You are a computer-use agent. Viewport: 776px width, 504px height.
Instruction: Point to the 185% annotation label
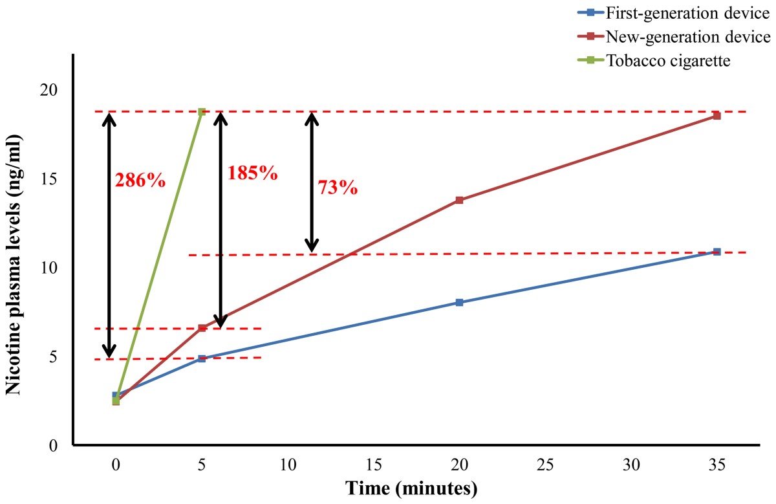pos(252,173)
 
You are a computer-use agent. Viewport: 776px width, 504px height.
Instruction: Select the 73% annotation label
pos(338,188)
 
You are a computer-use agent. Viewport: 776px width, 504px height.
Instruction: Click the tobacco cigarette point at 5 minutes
pos(202,112)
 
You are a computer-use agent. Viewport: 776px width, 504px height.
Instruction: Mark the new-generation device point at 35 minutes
pos(717,116)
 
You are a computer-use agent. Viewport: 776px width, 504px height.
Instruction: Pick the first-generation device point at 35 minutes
pos(717,252)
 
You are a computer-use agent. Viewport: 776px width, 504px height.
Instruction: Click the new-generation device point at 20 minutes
pos(459,200)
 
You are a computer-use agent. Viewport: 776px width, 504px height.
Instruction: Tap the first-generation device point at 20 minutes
pos(459,302)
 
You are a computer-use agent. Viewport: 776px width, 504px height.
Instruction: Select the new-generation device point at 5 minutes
pos(202,328)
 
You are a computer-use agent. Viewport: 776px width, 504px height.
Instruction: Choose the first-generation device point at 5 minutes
pos(202,358)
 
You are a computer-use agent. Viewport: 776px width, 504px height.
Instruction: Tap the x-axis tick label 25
pos(545,464)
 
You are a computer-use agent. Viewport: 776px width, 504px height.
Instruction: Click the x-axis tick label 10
pos(288,464)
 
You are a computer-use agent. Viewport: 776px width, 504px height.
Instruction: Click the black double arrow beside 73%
pos(312,182)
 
